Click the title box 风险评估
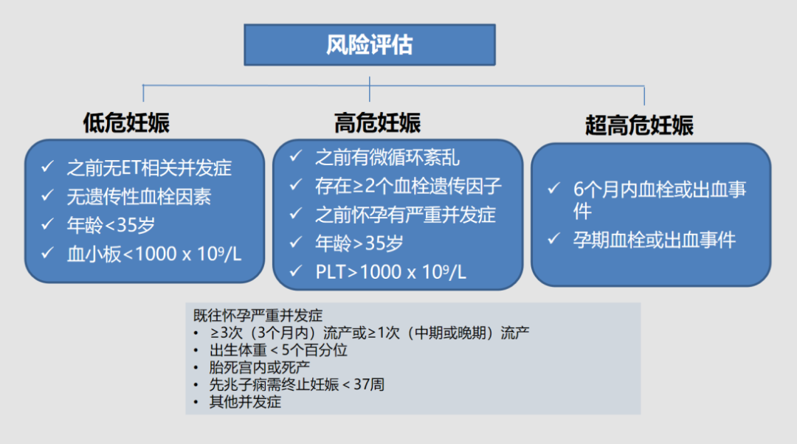point(369,44)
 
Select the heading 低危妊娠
point(126,123)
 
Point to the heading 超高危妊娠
point(639,125)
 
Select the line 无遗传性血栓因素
point(139,196)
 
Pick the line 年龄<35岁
point(111,225)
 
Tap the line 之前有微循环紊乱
point(387,157)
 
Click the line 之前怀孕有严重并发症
point(405,215)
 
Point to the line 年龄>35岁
point(359,243)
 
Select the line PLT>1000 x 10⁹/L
point(390,272)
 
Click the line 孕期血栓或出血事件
point(655,240)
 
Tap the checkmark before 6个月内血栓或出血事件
point(553,189)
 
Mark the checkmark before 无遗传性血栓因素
point(48,196)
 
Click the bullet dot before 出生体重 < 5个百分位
point(196,350)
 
